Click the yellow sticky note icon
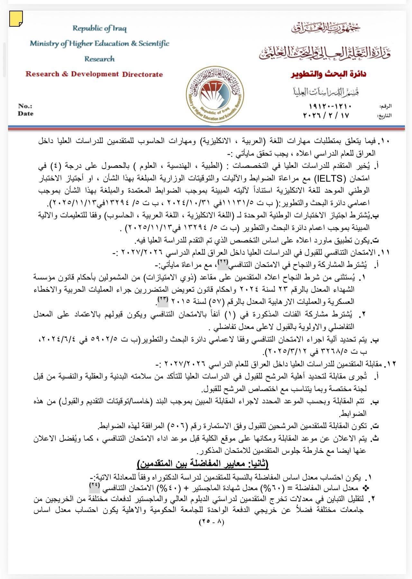point(16,18)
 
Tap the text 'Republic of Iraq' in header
point(99,28)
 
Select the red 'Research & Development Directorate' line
point(94,74)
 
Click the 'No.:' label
point(25,106)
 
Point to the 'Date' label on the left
point(26,114)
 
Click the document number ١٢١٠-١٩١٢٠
point(330,106)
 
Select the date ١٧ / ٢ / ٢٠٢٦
point(326,115)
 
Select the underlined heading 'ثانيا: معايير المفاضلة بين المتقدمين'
point(203,464)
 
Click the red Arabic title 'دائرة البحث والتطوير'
point(328,74)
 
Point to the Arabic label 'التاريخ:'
point(385,115)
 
